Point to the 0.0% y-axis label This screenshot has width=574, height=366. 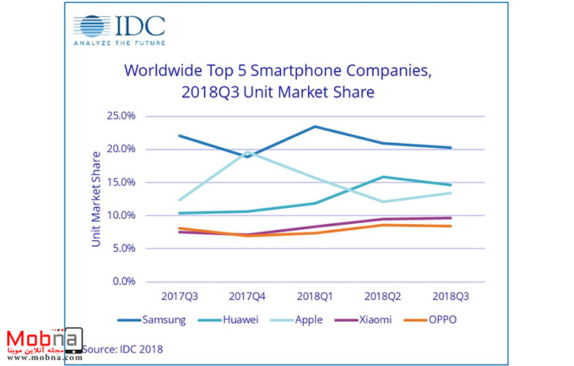(x=123, y=281)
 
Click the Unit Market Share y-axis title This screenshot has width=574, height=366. (x=96, y=198)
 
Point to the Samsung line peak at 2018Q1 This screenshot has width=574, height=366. (x=314, y=127)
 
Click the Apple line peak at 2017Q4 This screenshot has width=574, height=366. (x=248, y=152)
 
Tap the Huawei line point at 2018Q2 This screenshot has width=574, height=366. (x=382, y=176)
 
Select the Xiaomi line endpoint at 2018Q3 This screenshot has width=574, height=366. (x=450, y=218)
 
